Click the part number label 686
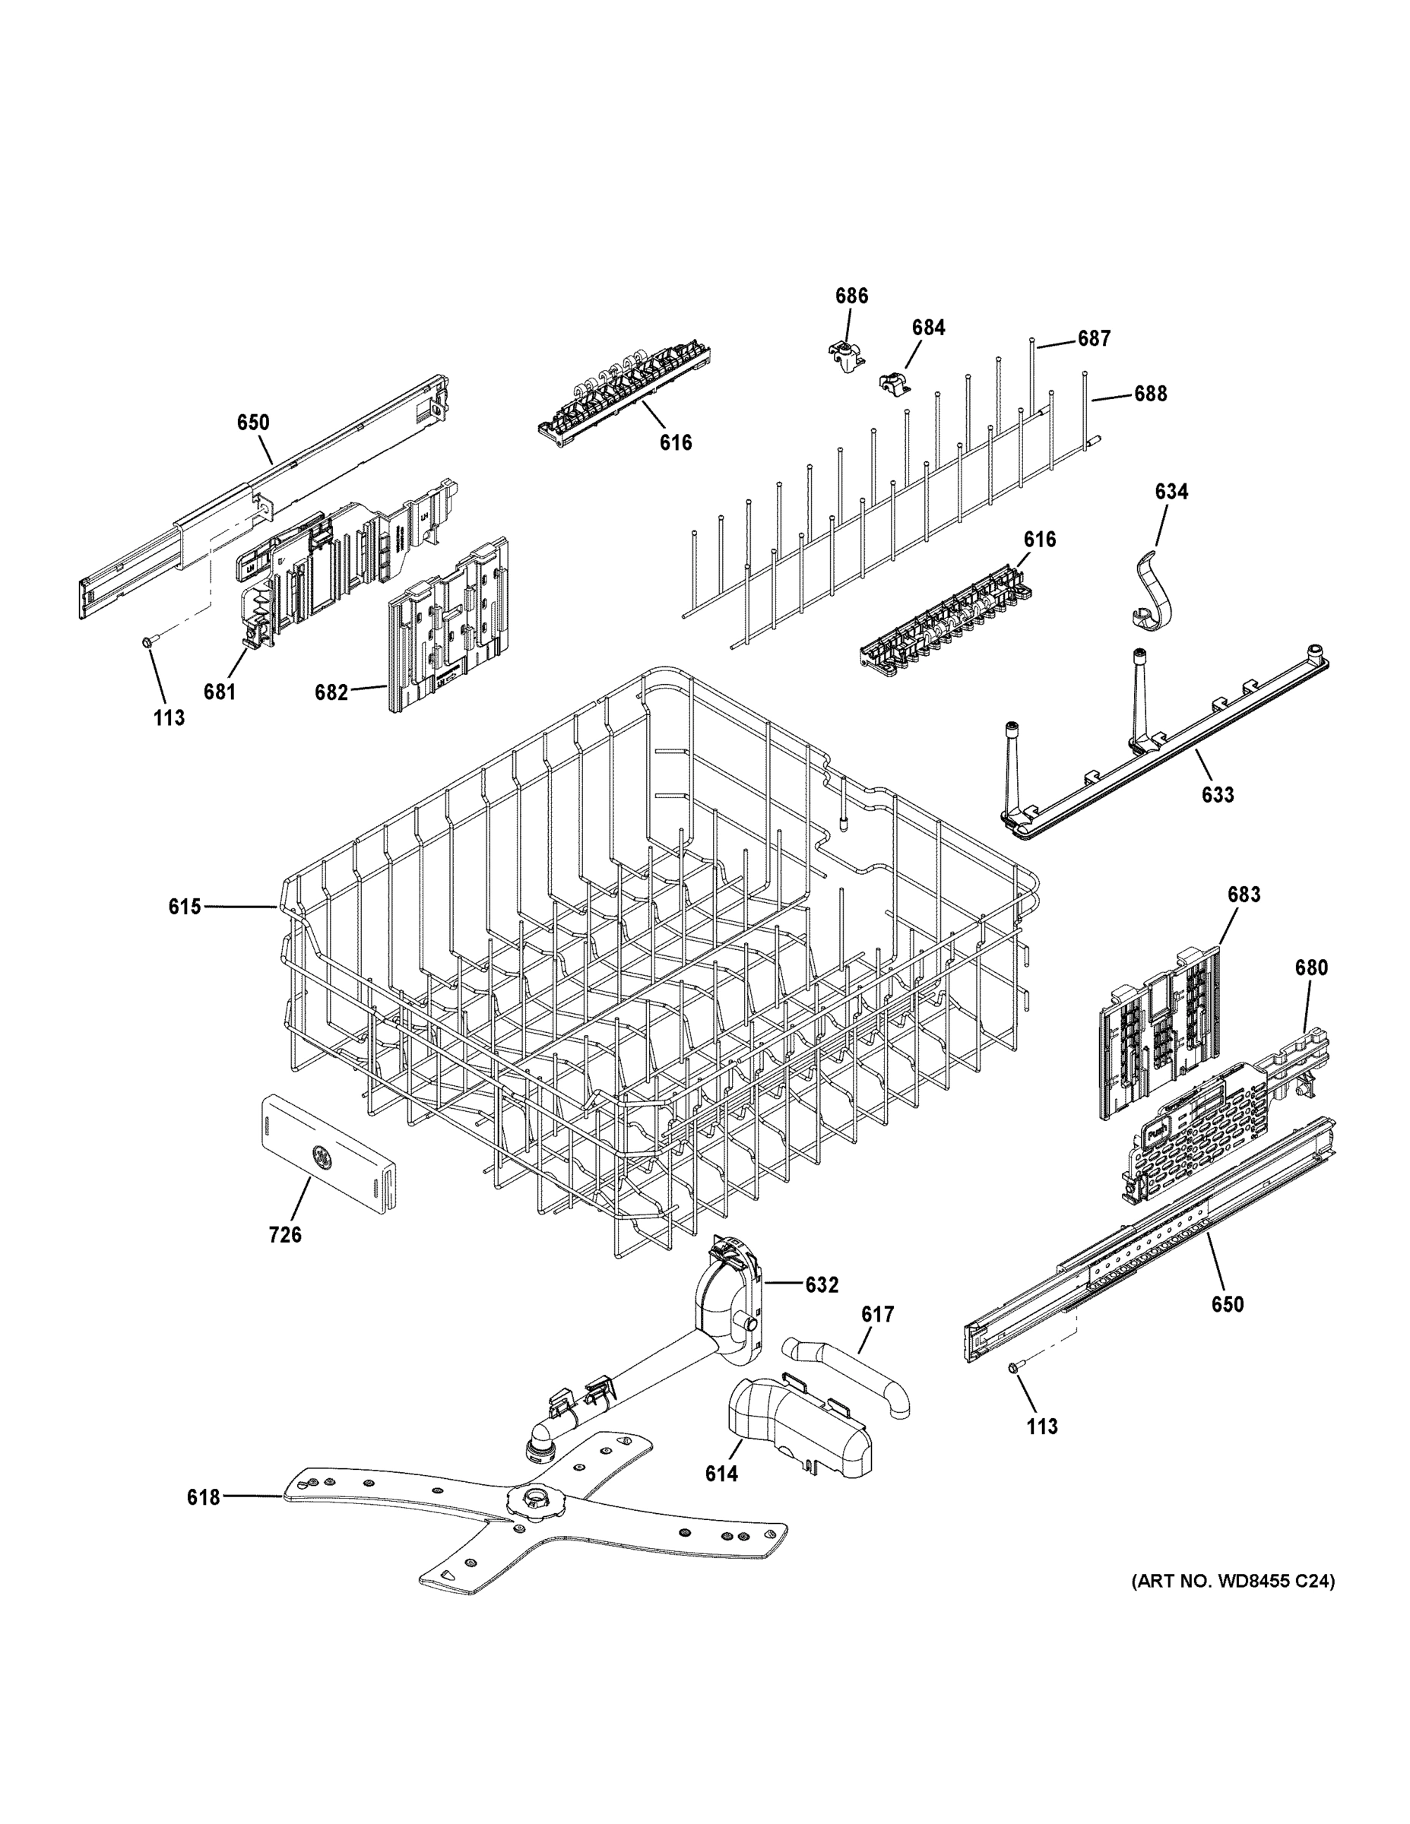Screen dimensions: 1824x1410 coord(851,296)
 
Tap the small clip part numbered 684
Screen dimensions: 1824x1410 coord(895,382)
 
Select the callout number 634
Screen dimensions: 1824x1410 coord(1171,491)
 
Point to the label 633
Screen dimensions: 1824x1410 coord(1217,794)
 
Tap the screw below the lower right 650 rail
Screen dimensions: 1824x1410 coord(1014,1366)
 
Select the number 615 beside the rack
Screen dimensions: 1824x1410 coord(185,906)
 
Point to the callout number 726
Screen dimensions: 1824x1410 coord(285,1234)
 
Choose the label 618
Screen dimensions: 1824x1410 coord(203,1497)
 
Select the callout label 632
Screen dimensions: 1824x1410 coord(821,1284)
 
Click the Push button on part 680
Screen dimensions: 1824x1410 coord(1157,1133)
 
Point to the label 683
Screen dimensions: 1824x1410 coord(1243,895)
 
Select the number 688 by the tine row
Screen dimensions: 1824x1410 coord(1149,394)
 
